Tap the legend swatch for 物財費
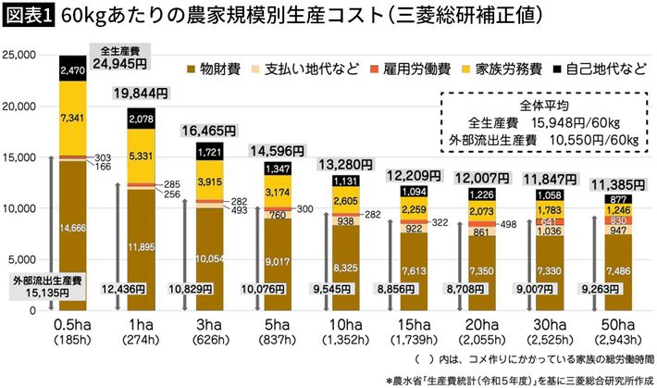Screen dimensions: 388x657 pos(192,68)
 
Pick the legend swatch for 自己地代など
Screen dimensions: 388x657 pos(552,68)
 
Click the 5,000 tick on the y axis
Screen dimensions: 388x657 pos(22,260)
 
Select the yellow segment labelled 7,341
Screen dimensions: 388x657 pos(72,118)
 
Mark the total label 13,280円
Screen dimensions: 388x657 pos(344,165)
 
